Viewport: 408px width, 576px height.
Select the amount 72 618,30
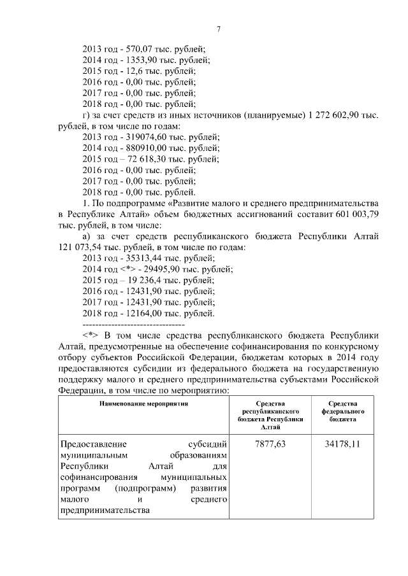point(147,158)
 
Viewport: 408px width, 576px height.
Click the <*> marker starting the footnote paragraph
point(91,335)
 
